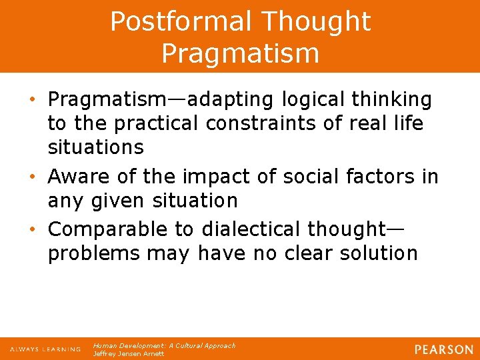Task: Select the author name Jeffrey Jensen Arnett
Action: click(129, 353)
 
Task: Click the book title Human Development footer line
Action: click(164, 345)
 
